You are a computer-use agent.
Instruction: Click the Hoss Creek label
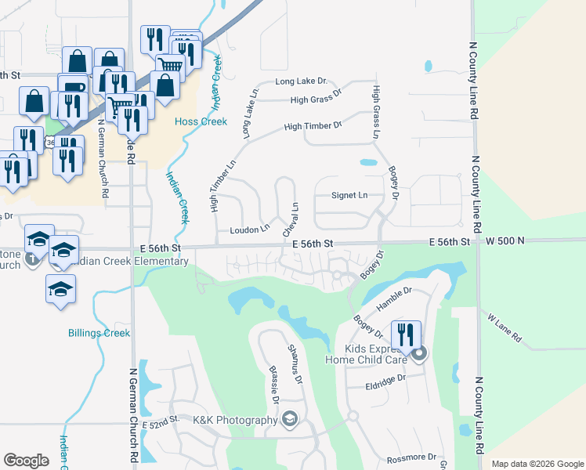201,121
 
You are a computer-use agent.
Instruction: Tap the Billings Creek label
99,333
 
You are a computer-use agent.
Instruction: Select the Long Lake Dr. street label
301,82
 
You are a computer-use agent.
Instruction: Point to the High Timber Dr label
313,125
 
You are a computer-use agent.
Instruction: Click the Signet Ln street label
349,195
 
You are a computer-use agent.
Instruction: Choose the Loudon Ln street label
250,230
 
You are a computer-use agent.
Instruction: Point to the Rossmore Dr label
411,457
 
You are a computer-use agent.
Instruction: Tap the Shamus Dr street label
294,365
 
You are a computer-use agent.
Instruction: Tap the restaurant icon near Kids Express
406,335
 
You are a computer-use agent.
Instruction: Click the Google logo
27,461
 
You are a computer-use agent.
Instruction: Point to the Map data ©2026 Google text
537,464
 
